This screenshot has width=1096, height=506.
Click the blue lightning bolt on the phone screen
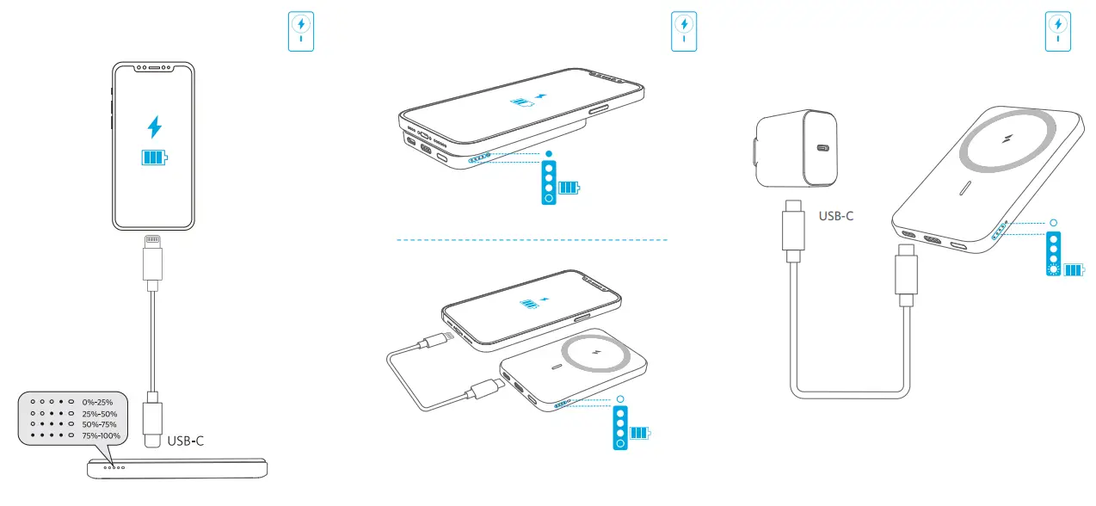pyautogui.click(x=155, y=126)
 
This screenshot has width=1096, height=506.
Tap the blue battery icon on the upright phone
pyautogui.click(x=155, y=157)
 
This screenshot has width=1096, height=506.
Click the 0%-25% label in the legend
pyautogui.click(x=97, y=402)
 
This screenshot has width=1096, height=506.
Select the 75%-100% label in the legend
pyautogui.click(x=101, y=435)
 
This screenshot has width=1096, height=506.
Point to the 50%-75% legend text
pyautogui.click(x=99, y=424)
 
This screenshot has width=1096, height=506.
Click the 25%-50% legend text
pyautogui.click(x=99, y=413)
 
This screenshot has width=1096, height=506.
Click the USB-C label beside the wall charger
pyautogui.click(x=835, y=216)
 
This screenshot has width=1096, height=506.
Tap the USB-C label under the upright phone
pyautogui.click(x=185, y=440)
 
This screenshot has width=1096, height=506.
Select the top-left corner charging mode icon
pyautogui.click(x=301, y=32)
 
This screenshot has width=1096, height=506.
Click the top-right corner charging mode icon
pyautogui.click(x=1057, y=32)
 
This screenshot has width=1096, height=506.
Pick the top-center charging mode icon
pyautogui.click(x=684, y=32)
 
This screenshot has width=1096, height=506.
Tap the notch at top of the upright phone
pyautogui.click(x=155, y=67)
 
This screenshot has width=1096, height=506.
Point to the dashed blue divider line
pyautogui.click(x=531, y=239)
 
